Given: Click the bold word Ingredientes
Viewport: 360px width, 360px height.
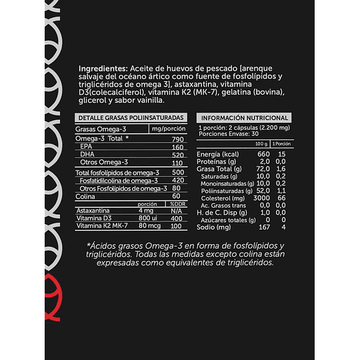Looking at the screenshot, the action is [103, 69].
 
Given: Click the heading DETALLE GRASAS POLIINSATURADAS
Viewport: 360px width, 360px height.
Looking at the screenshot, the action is [123, 118].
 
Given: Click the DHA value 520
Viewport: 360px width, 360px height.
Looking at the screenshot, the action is [176, 154].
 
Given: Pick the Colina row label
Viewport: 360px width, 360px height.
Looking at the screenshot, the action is [85, 196].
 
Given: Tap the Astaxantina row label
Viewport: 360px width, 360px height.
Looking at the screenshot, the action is [94, 211].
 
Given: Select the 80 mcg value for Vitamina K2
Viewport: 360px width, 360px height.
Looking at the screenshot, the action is [145, 227].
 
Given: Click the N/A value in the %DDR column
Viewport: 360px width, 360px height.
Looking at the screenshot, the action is [177, 211].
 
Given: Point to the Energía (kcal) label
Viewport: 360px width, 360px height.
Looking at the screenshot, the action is [219, 155].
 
